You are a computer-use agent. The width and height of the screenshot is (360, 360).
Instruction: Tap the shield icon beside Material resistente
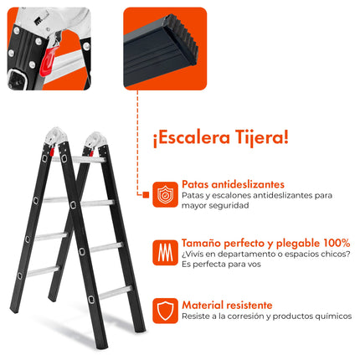tap(164, 312)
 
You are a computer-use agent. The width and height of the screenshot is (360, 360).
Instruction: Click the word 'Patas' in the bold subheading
tap(196, 184)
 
